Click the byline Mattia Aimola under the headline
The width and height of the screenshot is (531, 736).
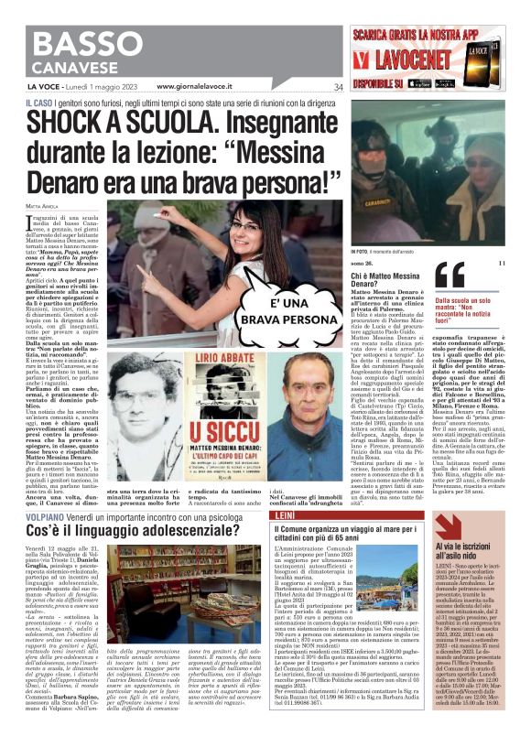(45, 217)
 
